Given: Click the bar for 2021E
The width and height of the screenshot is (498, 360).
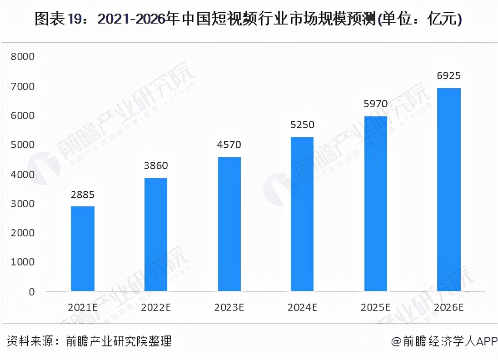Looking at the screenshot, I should [83, 249].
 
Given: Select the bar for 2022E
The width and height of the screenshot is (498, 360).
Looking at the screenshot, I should [155, 235].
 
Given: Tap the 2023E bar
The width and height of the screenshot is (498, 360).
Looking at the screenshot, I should [229, 224].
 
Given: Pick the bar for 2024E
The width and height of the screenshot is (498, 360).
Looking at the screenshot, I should [302, 214].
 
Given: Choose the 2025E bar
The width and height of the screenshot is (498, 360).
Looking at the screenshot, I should [375, 204].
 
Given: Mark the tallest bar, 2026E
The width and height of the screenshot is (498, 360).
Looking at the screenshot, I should [449, 190].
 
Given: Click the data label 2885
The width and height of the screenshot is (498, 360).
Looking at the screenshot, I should [83, 195].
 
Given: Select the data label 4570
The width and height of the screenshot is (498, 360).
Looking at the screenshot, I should [229, 145].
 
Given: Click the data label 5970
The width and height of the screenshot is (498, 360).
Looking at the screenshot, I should [375, 104].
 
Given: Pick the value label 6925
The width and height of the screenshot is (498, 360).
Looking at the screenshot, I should [449, 76].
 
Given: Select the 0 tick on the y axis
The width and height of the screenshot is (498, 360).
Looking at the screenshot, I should [31, 292].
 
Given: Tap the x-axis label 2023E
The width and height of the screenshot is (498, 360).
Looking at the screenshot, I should [229, 308].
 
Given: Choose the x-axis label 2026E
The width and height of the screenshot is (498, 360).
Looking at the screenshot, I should [449, 308].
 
